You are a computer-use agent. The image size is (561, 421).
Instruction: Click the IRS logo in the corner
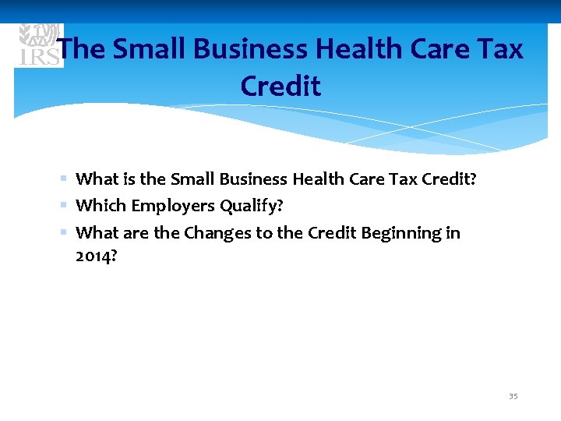(37, 45)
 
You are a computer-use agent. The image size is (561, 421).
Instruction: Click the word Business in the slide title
(242, 50)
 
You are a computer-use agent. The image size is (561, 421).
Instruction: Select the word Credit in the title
(280, 87)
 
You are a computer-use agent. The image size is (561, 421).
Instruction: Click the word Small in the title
(149, 50)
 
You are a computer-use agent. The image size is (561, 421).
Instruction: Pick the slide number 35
(513, 396)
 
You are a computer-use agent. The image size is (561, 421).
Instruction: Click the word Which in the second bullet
(101, 206)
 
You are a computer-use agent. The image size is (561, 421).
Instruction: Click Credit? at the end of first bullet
(449, 179)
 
